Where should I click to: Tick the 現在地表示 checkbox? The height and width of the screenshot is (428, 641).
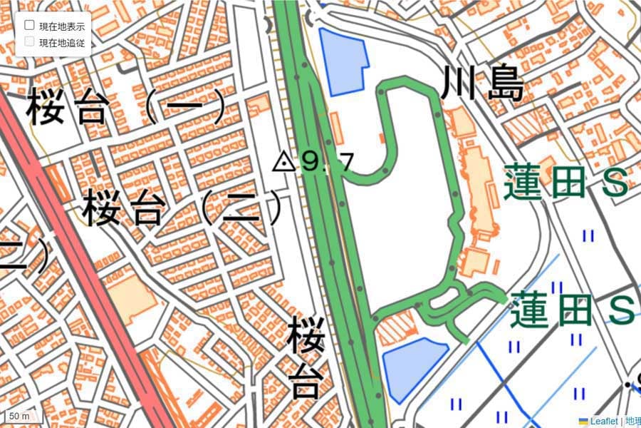(x=30, y=25)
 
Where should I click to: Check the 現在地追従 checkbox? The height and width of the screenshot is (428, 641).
(x=30, y=41)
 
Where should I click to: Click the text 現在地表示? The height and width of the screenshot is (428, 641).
(x=62, y=26)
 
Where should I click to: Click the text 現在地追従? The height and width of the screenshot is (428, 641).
(x=62, y=43)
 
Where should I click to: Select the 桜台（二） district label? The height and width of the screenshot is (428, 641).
(x=182, y=209)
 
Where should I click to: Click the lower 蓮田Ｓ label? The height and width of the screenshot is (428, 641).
(x=572, y=309)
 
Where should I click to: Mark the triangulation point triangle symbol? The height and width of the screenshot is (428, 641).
(x=284, y=162)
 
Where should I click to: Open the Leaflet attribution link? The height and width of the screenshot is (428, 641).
(x=605, y=422)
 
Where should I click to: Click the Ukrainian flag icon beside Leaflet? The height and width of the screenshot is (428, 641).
(x=583, y=422)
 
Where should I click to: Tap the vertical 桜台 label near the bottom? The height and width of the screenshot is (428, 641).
(x=306, y=359)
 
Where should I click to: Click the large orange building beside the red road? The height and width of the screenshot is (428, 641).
(x=132, y=295)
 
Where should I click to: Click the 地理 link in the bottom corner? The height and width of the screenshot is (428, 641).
(x=632, y=422)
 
